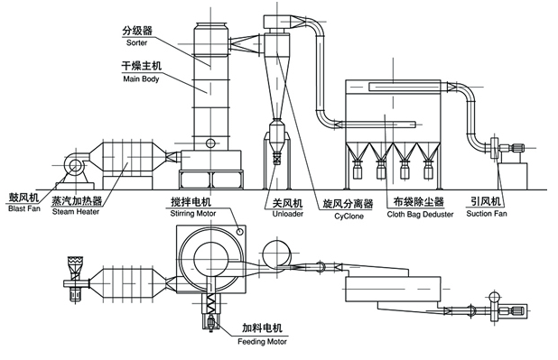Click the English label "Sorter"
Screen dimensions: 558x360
[x=136, y=42]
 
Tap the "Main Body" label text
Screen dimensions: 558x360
[x=141, y=78]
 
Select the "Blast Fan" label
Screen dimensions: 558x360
[x=24, y=208]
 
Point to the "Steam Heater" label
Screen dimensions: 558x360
[x=76, y=212]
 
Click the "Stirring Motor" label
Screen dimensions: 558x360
[x=193, y=214]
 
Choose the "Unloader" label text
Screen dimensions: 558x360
[x=287, y=214]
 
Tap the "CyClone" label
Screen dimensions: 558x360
[x=349, y=216]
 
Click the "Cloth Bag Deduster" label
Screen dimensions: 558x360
[x=420, y=214]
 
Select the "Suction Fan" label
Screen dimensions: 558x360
[x=487, y=214]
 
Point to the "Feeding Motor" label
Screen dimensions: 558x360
[x=262, y=341]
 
